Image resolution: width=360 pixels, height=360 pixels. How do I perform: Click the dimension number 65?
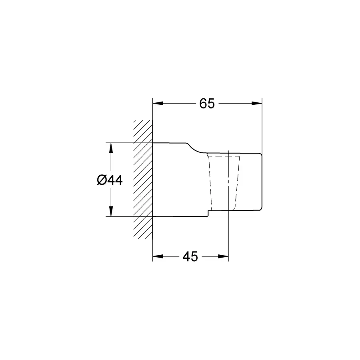[x=207, y=104]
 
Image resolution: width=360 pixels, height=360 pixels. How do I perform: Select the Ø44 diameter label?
[x=109, y=180]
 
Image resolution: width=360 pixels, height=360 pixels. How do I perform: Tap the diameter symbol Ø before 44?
[x=101, y=180]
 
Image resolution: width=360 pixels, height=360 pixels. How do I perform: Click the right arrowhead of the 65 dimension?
[x=257, y=104]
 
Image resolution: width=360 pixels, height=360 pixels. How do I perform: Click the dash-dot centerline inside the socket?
[x=228, y=180]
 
